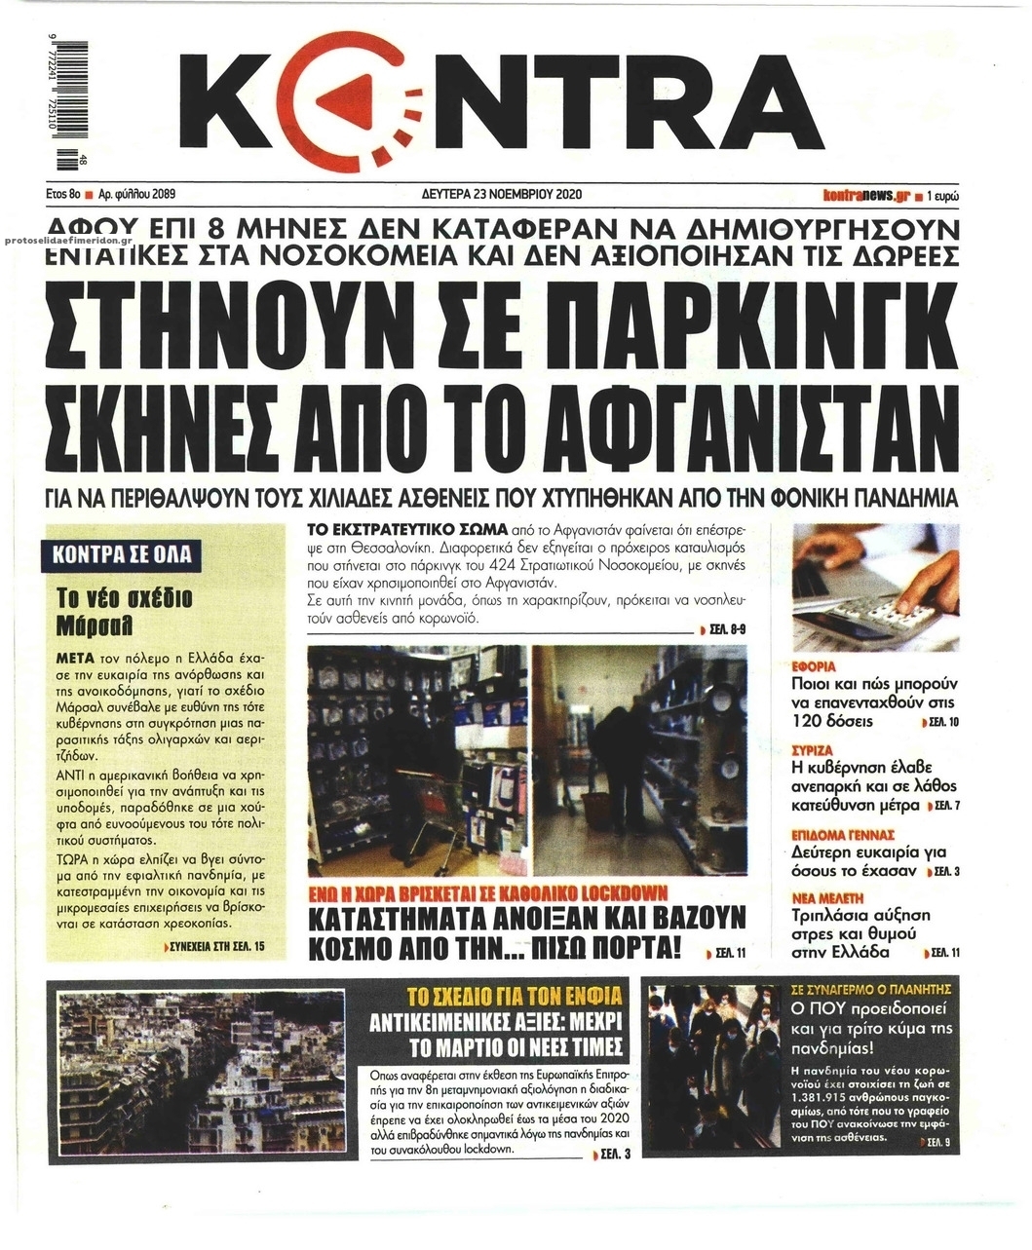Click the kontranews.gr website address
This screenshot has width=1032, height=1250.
[865, 194]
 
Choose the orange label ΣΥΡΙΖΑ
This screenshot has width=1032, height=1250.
[812, 751]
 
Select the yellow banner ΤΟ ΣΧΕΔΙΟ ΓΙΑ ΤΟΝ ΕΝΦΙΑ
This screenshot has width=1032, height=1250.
[513, 997]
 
